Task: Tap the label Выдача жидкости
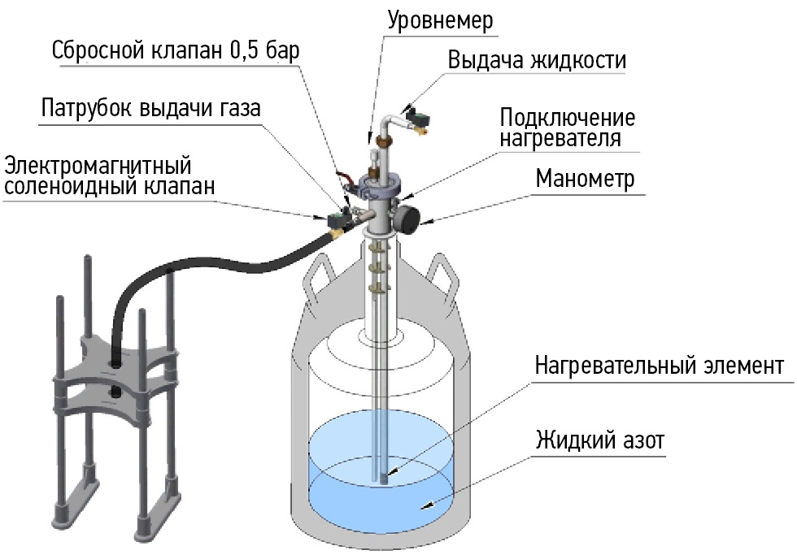click(538, 61)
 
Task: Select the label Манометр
click(584, 179)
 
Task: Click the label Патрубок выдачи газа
click(150, 109)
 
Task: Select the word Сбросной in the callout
click(99, 50)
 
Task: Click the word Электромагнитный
click(97, 166)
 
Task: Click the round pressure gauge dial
click(407, 218)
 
